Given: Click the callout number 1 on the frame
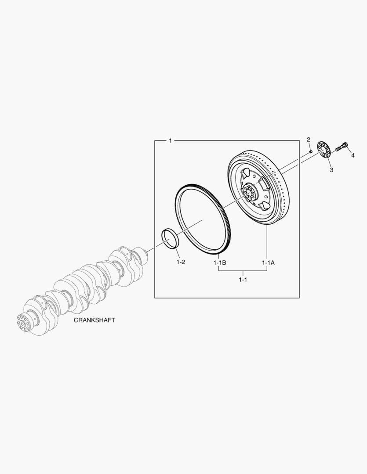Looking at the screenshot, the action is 170,140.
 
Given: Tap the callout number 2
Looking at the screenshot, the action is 309,140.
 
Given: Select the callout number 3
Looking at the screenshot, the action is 331,170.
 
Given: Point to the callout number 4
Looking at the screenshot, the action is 353,155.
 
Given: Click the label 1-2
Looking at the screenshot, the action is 181,262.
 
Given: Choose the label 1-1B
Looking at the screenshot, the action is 220,263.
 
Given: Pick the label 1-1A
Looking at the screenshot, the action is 268,263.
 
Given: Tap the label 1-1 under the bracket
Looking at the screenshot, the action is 243,280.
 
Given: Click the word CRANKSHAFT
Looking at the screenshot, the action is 94,320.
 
